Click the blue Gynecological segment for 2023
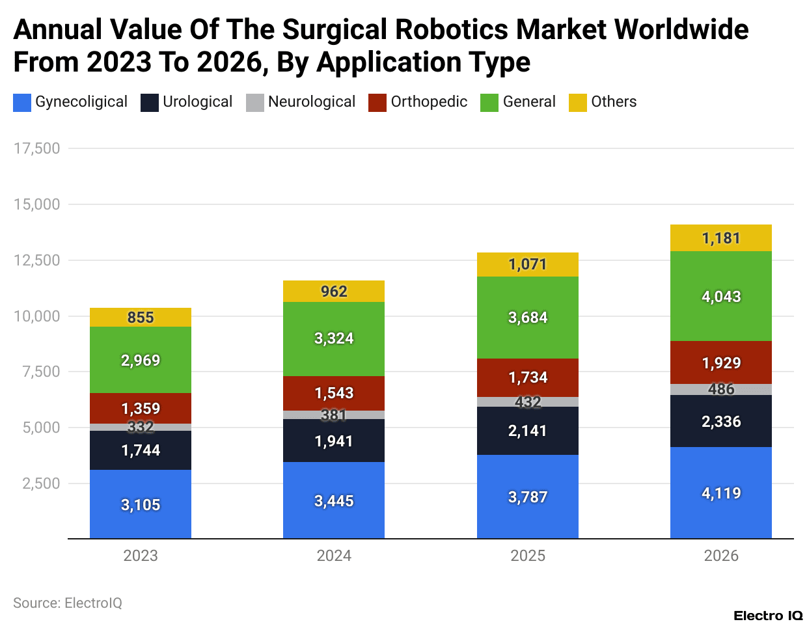[141, 504]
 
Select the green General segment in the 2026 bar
[721, 296]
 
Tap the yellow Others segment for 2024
[334, 292]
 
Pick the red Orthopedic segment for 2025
[528, 377]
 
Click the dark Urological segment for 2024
[334, 441]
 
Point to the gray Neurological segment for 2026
[721, 390]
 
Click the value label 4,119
[721, 493]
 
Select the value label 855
[141, 318]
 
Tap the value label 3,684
[528, 318]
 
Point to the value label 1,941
[334, 441]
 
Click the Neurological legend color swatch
[255, 103]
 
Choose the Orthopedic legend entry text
[429, 102]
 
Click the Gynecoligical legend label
[81, 102]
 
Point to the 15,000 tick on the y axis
[37, 204]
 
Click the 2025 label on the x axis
[528, 556]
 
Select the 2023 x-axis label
[141, 556]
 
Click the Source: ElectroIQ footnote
[68, 603]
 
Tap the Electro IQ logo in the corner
[768, 616]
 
